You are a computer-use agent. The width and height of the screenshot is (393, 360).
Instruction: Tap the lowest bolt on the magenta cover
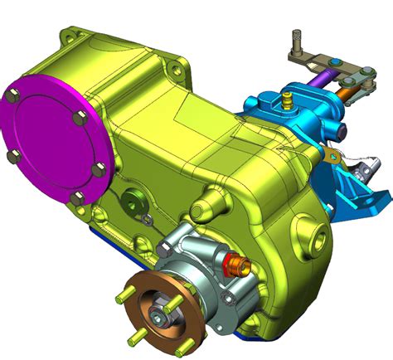click(x=77, y=197)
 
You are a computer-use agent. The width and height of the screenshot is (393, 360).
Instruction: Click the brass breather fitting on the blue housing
click(x=287, y=100)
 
